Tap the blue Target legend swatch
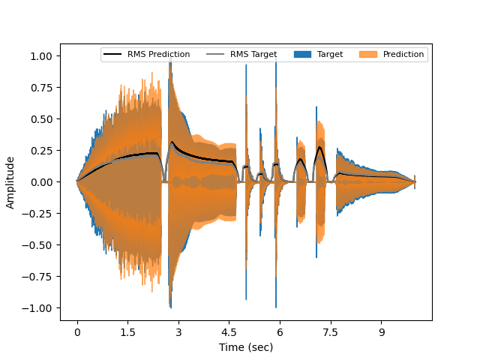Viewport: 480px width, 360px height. coord(301,54)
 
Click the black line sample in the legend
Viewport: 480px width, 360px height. coord(112,54)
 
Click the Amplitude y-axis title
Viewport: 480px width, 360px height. coord(11,182)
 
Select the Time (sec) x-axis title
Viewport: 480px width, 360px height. coord(246,347)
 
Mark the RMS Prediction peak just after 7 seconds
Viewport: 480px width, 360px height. coord(320,147)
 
